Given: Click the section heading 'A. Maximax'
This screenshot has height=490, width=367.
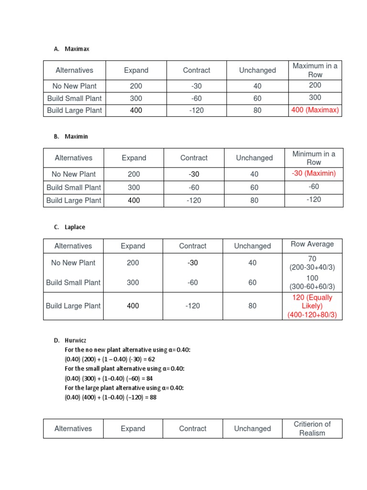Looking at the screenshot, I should coord(72,49).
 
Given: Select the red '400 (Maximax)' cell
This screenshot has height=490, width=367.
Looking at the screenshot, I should coord(315,110).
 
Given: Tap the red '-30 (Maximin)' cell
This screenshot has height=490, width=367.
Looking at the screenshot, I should coord(314,173).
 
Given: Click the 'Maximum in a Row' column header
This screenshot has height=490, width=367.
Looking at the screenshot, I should coord(315,70).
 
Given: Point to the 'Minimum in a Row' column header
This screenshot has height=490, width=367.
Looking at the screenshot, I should coord(314,158).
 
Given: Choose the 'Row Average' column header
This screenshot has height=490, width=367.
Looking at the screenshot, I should coord(313,244).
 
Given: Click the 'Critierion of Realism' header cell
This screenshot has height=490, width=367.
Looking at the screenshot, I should coord(313,428).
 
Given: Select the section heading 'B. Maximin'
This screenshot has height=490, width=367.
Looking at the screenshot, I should coord(71,136).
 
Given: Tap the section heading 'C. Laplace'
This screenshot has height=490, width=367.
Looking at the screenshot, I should coord(70,227).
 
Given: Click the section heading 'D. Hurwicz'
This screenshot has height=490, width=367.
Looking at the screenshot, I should coord(70,340).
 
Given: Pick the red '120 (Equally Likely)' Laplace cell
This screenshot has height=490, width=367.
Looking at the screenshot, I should coord(313,306).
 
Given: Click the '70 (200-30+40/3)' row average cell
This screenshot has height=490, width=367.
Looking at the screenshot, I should coord(313,263).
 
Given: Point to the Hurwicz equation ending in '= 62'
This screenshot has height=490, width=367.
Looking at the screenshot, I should coord(110,359).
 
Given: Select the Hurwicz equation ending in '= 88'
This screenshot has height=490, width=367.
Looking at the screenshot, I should coord(111,397).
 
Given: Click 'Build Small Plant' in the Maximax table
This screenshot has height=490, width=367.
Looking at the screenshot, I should coord(75,98).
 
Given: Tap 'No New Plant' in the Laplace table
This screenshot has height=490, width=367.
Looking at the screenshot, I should coord(73,263).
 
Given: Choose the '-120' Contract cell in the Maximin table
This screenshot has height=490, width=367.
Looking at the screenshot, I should coord(194,200).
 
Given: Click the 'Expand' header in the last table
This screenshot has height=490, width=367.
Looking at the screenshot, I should coord(133,429).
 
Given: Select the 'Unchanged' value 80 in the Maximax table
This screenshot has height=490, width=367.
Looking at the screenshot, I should coord(258,110).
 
